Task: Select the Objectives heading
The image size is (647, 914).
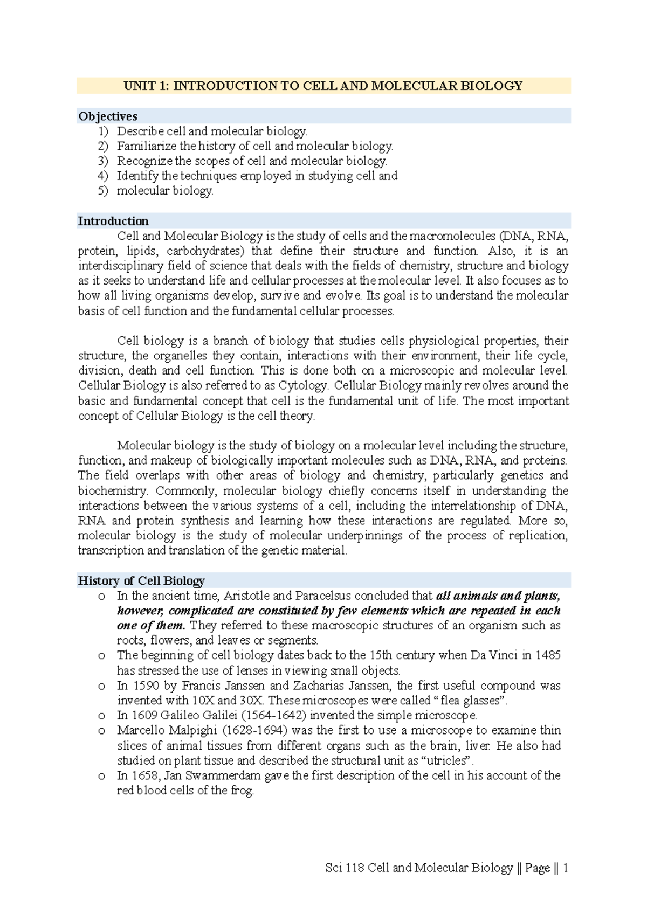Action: coord(108,116)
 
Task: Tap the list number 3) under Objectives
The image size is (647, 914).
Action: coord(103,161)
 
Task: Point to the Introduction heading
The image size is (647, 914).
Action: coord(113,221)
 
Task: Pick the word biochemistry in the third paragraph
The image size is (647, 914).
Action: coord(112,491)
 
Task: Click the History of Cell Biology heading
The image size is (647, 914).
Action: coord(141,580)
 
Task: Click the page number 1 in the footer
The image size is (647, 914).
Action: coord(565,868)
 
